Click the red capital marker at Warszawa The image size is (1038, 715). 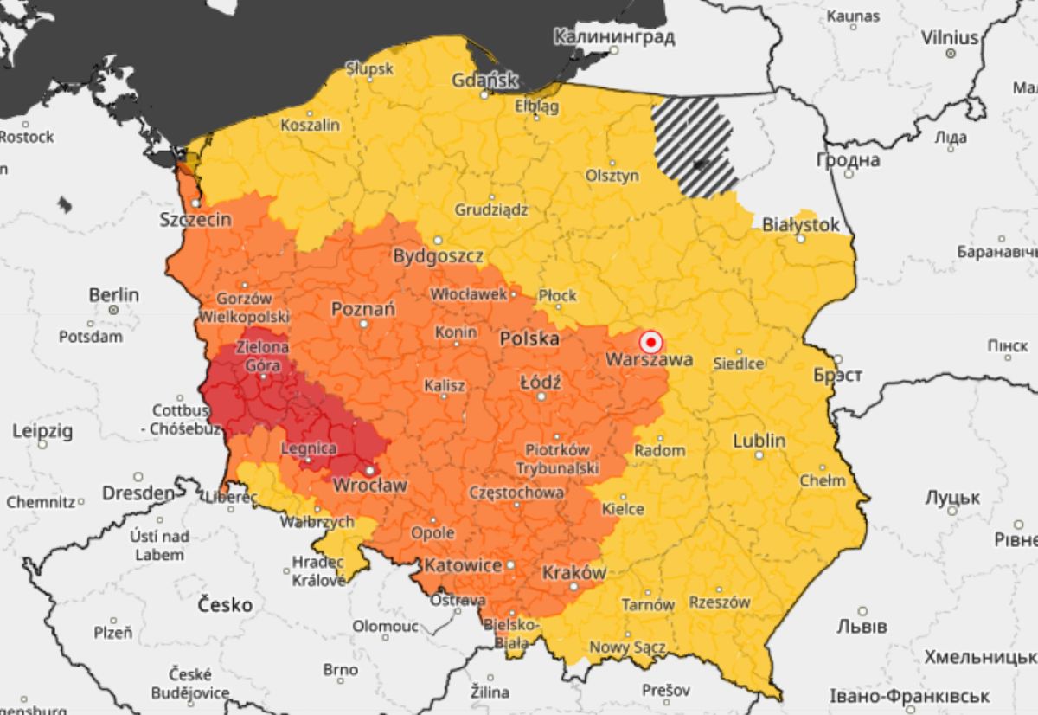pos(650,341)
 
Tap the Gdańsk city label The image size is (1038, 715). pos(484,81)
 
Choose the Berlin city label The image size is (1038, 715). pos(113,294)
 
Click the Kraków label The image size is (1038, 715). pos(573,573)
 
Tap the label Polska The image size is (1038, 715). pos(529,338)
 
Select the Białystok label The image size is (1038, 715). pos(800,225)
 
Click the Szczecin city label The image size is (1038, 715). pos(195,220)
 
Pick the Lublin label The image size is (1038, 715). pos(759,441)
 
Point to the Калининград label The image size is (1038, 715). pos(613,37)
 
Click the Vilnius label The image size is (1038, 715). pos(950,38)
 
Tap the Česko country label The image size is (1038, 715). pos(225,604)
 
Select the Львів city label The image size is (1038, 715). pos(862,626)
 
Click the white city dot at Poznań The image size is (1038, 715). pos(364,324)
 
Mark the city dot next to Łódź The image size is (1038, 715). pos(541,396)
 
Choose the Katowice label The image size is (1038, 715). pos(462,565)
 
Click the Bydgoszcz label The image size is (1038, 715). pos(438,256)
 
